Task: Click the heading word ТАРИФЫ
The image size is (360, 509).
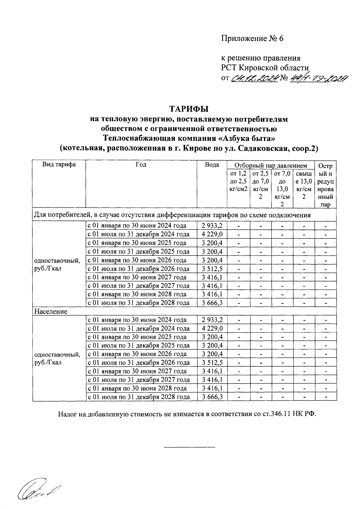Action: [189, 109]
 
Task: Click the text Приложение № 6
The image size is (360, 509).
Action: [252, 39]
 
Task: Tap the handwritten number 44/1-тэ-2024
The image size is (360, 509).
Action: [319, 78]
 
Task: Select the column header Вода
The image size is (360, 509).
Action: [212, 165]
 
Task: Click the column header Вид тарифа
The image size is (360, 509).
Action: [59, 164]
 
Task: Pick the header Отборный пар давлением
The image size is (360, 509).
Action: [271, 166]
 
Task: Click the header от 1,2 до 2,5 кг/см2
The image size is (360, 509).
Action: [238, 181]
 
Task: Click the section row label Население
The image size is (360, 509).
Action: [51, 311]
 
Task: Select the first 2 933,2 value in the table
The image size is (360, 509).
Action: [212, 226]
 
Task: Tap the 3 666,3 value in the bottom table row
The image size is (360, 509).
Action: [212, 397]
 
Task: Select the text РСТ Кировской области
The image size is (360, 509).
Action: [265, 67]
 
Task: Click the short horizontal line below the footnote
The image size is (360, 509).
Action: [189, 448]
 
